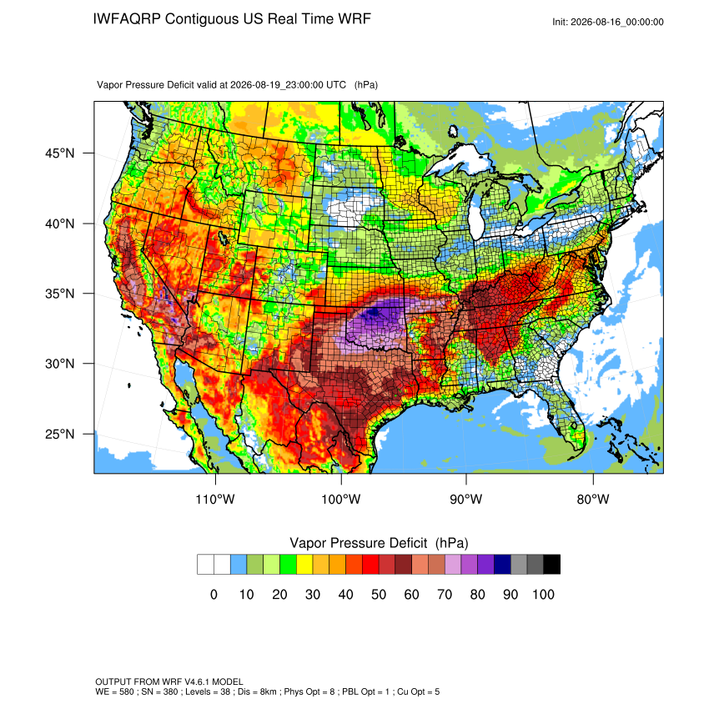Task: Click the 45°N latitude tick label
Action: point(59,153)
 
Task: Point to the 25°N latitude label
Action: point(59,434)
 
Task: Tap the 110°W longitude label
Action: point(215,499)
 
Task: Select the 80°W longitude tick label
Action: point(593,499)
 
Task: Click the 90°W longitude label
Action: point(465,499)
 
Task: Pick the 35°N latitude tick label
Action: point(59,294)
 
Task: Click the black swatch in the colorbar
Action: point(551,565)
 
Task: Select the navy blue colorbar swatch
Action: point(502,565)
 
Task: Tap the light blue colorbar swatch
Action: point(239,565)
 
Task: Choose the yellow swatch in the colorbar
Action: point(304,565)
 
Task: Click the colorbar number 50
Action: point(379,594)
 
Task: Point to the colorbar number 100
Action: point(543,594)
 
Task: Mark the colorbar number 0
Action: point(214,594)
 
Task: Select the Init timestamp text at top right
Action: point(608,23)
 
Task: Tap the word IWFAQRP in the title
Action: point(127,19)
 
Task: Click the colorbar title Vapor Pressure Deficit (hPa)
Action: point(379,543)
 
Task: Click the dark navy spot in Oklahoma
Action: point(374,312)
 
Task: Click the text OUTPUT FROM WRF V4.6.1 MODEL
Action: point(169,681)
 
